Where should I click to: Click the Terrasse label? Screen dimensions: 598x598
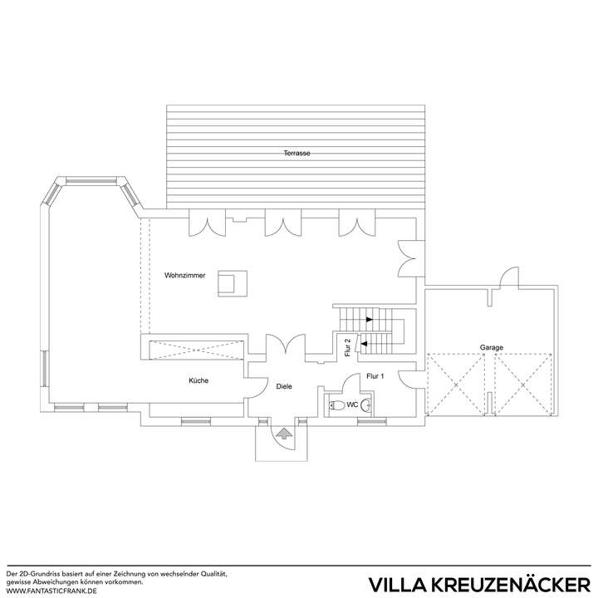click(297, 154)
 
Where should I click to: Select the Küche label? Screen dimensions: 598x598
click(198, 380)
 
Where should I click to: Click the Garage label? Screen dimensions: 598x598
click(491, 347)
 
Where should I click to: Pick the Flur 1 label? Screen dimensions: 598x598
click(376, 376)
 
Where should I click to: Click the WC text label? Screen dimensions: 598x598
click(352, 405)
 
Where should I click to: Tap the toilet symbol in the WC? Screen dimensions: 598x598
click(336, 405)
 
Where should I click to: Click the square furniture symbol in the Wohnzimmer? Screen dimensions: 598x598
click(228, 282)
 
